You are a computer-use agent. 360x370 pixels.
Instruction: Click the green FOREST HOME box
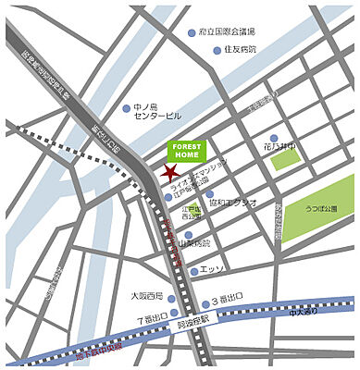click(x=188, y=151)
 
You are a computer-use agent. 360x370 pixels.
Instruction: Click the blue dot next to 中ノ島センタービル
click(x=127, y=109)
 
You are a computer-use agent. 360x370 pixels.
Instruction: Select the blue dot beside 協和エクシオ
click(x=209, y=194)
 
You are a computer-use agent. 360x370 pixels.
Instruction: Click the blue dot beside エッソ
click(x=193, y=271)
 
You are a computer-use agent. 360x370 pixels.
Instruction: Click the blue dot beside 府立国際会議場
click(x=191, y=32)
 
